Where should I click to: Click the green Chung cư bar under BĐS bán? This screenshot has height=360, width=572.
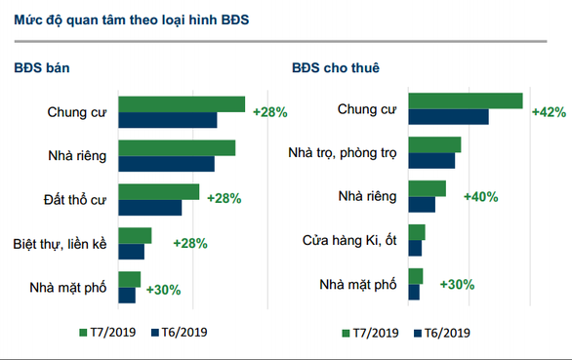pyautogui.click(x=182, y=104)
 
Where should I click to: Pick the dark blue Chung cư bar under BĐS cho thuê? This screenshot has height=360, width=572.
pyautogui.click(x=448, y=117)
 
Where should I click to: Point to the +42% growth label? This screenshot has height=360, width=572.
pyautogui.click(x=548, y=111)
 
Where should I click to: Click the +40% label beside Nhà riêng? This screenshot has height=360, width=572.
pyautogui.click(x=480, y=197)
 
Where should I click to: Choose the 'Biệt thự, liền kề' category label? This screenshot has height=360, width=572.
pyautogui.click(x=61, y=242)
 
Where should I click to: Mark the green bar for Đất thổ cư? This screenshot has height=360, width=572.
pyautogui.click(x=158, y=191)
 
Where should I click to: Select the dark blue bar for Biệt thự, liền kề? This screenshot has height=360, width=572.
pyautogui.click(x=131, y=252)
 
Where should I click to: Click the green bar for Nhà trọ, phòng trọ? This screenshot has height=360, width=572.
pyautogui.click(x=434, y=145)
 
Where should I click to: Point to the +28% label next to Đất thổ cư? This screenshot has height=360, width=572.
pyautogui.click(x=225, y=199)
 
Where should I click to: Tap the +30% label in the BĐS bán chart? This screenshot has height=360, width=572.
pyautogui.click(x=163, y=290)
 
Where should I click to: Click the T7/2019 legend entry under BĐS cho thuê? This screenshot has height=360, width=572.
pyautogui.click(x=371, y=333)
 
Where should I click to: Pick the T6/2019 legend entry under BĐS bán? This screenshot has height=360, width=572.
pyautogui.click(x=178, y=332)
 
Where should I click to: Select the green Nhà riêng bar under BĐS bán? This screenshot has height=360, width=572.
pyautogui.click(x=177, y=148)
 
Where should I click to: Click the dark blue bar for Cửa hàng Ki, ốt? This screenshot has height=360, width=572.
pyautogui.click(x=415, y=248)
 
